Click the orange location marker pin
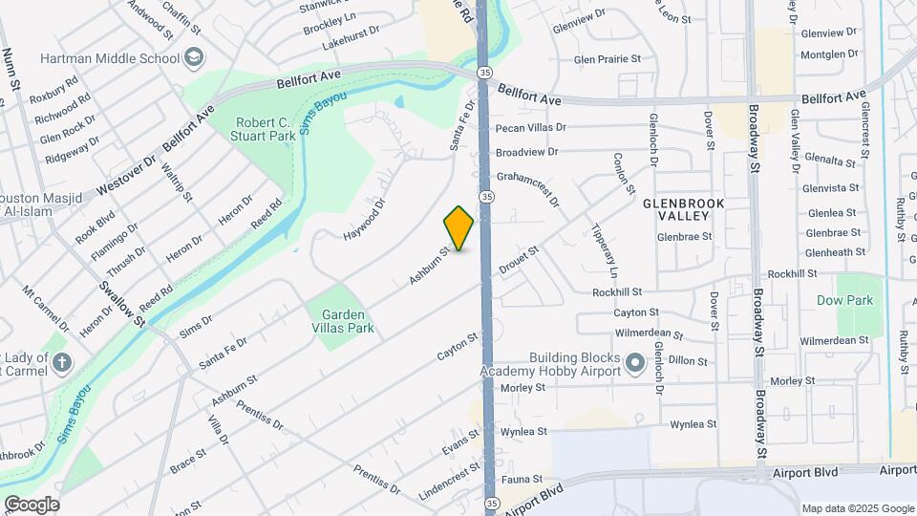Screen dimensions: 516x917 coord(458,228)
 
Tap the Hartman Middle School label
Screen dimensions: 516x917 coord(110,58)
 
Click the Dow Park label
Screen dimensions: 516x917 coord(845,300)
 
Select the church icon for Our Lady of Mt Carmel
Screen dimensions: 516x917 coord(62,363)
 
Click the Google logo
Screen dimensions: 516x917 coord(32,505)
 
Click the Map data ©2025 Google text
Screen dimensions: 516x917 coord(858,508)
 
